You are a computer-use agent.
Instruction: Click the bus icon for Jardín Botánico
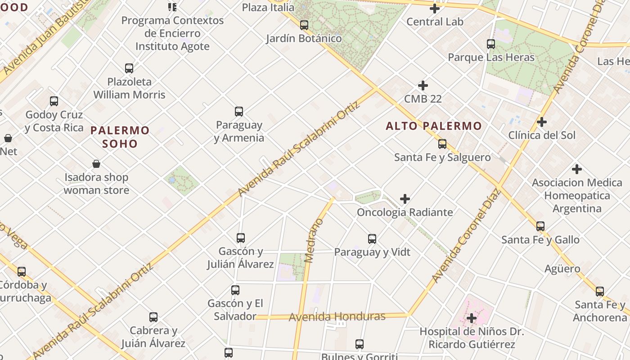[x=304, y=25]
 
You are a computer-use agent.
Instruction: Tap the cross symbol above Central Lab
[x=435, y=8]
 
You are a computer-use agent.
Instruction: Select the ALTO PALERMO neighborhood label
[x=434, y=126]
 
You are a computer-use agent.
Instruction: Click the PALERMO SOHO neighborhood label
[x=120, y=137]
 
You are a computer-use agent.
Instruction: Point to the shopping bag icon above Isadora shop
[x=96, y=164]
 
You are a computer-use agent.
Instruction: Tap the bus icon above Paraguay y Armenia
[x=239, y=112]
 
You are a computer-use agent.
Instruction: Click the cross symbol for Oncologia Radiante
[x=405, y=198]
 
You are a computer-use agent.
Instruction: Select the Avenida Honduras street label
[x=337, y=317]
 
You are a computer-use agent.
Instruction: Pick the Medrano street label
[x=314, y=240]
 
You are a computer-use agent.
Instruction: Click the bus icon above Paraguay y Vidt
[x=372, y=239]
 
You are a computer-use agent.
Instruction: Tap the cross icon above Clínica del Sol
[x=542, y=122]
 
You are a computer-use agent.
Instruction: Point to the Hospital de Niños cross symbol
[x=472, y=319]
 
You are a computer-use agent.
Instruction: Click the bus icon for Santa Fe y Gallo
[x=540, y=226]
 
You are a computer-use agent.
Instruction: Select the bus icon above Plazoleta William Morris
[x=129, y=68]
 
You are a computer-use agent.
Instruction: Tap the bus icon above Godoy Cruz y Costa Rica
[x=54, y=101]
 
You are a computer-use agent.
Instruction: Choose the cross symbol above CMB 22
[x=423, y=85]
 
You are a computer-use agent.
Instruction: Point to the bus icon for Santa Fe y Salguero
[x=442, y=144]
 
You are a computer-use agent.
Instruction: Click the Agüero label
[x=562, y=269]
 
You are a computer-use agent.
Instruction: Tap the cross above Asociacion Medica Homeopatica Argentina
[x=577, y=169]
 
